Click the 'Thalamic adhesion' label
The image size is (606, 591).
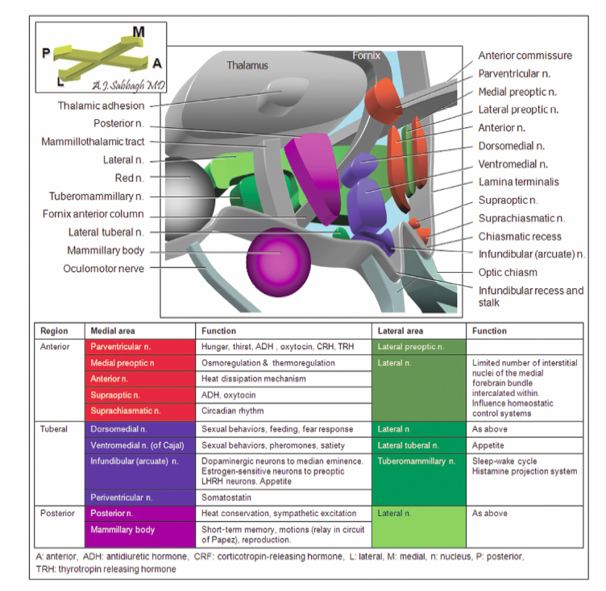[x=102, y=105]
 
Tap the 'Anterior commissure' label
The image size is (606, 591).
[x=525, y=56]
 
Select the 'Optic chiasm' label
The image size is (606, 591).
[x=508, y=272]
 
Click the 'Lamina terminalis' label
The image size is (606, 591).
[x=518, y=182]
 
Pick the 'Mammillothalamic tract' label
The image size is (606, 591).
[x=93, y=142]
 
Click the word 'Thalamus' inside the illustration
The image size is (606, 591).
[x=247, y=65]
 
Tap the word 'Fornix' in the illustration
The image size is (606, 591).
[x=366, y=56]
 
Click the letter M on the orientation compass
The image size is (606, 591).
[x=139, y=31]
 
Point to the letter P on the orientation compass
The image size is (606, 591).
[x=46, y=53]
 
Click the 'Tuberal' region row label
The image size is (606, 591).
[x=54, y=428]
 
